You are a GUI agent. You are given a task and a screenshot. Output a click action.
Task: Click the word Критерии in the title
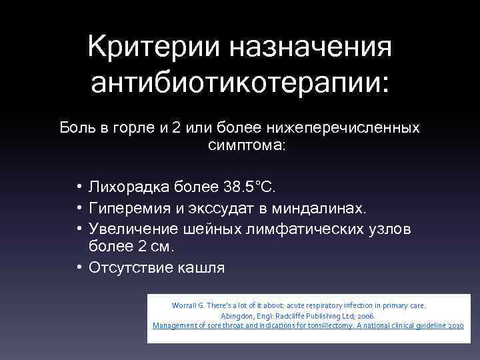point(157,47)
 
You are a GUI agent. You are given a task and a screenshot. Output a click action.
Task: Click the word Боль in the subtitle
point(74,127)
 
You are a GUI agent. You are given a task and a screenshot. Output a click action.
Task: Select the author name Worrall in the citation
point(185,305)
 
